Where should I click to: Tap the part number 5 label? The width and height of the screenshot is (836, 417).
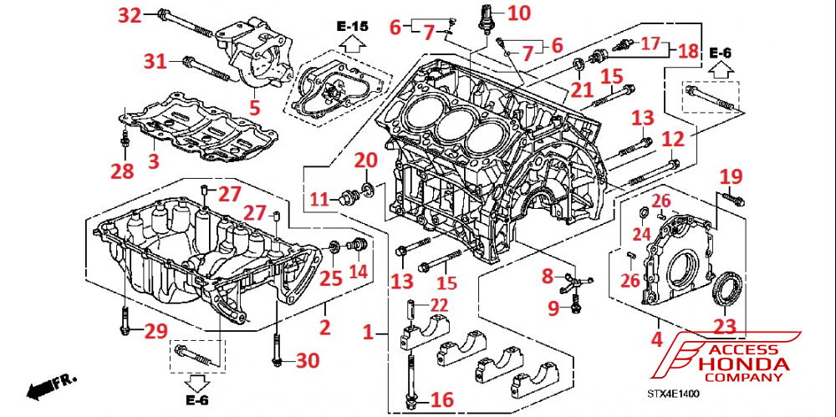254,107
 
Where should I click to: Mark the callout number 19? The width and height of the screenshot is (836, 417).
731,176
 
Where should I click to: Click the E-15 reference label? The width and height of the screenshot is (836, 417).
352,28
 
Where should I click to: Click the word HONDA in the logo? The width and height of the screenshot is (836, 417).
743,364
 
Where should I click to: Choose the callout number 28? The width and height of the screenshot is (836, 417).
124,171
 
